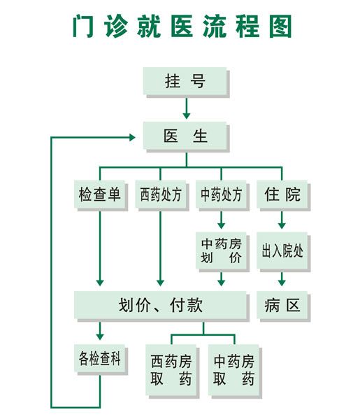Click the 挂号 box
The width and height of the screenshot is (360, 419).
tap(185, 81)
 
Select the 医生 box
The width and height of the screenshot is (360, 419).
tap(185, 136)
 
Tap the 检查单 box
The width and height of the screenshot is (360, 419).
tap(100, 194)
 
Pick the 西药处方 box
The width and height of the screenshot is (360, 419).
tap(161, 194)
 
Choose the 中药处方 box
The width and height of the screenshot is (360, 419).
tap(221, 194)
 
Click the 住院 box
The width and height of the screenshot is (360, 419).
tap(282, 194)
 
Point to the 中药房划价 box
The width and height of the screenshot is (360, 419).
tap(221, 250)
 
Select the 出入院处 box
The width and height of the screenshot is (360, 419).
tap(282, 250)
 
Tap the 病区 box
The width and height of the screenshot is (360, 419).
tap(282, 305)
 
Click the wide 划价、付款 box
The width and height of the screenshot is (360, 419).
tap(160, 305)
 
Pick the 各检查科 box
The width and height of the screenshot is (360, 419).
tap(100, 358)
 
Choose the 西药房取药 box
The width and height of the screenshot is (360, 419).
tap(171, 370)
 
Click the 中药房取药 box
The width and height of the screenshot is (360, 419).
tap(233, 370)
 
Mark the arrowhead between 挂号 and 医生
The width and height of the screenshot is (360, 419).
tap(187, 115)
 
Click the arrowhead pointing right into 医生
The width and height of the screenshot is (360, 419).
tap(132, 137)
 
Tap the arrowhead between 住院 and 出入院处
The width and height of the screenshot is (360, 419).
tap(282, 225)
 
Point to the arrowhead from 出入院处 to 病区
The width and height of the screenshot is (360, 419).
tap(282, 283)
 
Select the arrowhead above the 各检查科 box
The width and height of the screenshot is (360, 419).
tap(100, 336)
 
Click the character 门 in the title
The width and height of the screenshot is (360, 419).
tap(84, 26)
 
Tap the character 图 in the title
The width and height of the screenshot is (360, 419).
tap(280, 26)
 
